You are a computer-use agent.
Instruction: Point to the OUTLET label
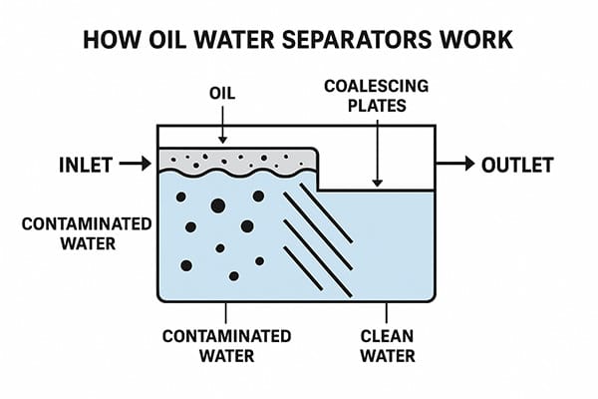pos(516,164)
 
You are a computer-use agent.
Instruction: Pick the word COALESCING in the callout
pos(377,87)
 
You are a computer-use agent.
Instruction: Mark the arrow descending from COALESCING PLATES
pos(377,155)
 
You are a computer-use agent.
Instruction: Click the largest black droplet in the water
pos(216,206)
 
